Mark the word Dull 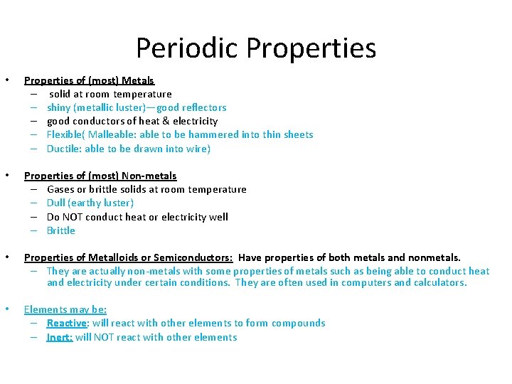point(56,203)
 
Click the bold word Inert point(59,337)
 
